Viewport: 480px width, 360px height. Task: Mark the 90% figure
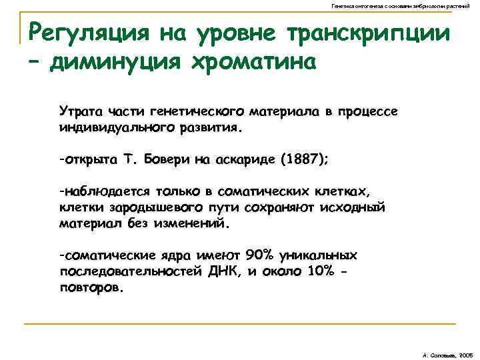pyautogui.click(x=259, y=255)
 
